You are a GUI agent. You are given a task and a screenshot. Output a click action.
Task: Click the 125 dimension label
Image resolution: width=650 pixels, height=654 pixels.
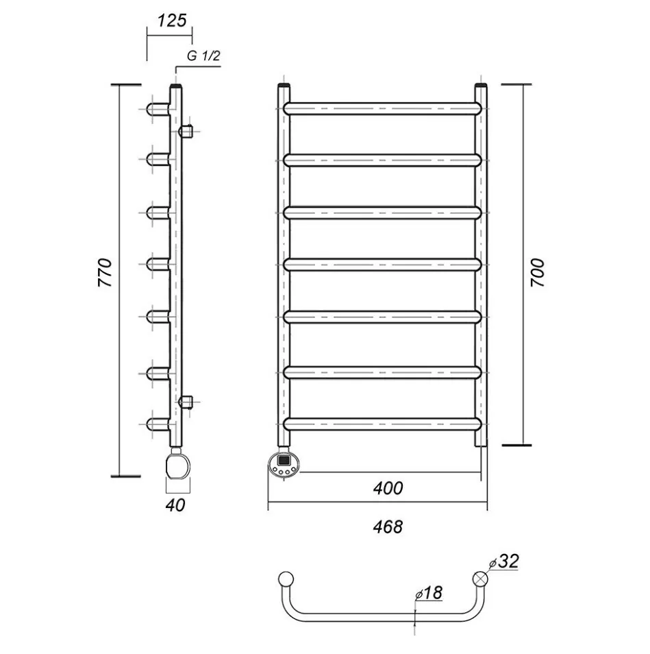[x=171, y=21]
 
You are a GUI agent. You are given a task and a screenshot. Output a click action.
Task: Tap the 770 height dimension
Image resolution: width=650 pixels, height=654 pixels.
[x=105, y=272]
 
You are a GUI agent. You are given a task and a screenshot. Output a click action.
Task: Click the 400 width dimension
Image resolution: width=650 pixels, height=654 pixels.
[x=388, y=488]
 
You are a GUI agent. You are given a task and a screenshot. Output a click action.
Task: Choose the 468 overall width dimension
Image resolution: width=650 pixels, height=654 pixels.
[x=388, y=526]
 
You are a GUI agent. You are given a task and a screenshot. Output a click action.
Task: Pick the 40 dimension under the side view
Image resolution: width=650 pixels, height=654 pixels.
[x=175, y=505]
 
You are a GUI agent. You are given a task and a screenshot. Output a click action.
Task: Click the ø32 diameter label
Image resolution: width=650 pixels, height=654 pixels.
[x=504, y=561]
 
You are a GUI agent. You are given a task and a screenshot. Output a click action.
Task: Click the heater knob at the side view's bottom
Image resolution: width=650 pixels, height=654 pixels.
[x=177, y=465]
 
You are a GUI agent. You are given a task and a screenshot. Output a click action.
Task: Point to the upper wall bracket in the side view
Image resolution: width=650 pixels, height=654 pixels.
[x=186, y=130]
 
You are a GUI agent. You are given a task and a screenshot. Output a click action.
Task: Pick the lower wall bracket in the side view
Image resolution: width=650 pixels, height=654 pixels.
[x=186, y=402]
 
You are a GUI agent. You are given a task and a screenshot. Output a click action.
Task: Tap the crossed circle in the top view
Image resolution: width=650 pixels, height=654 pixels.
[x=482, y=579]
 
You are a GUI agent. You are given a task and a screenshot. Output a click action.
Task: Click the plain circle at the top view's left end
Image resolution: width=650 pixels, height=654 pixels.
[x=286, y=579]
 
